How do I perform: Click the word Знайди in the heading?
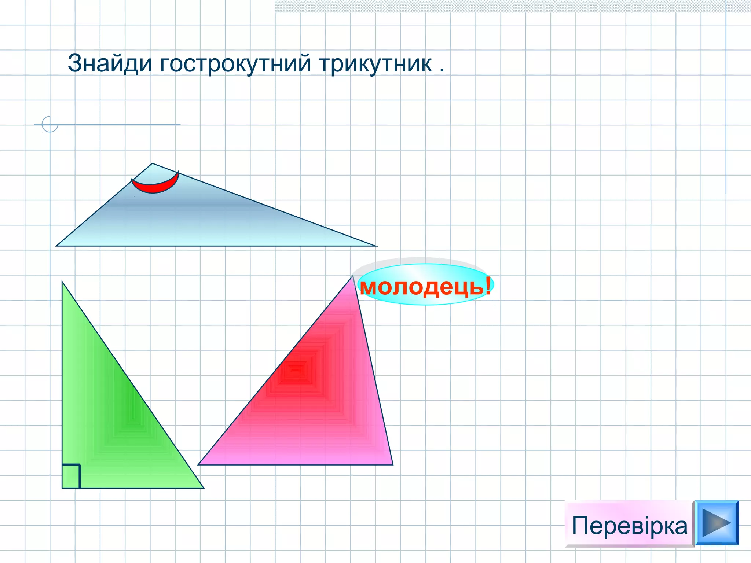[110, 64]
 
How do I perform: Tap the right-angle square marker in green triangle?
[71, 476]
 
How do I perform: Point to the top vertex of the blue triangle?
[152, 163]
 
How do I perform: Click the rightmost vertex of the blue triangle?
[376, 246]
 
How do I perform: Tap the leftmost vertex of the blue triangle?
[56, 246]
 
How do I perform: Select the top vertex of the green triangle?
[62, 281]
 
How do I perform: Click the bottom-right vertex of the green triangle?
[204, 488]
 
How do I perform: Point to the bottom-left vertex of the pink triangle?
[198, 465]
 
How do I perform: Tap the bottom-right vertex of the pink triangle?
[393, 465]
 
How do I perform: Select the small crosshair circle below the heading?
[50, 124]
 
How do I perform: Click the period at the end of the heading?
[442, 70]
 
